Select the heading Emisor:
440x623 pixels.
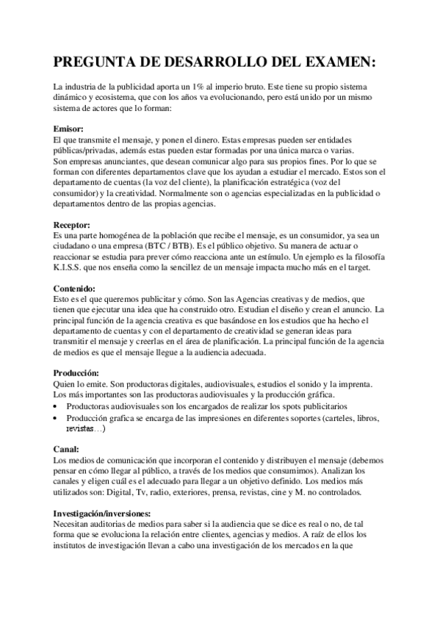tap(70, 129)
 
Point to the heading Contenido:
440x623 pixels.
tap(77, 289)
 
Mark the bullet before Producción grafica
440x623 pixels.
tap(58, 418)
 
